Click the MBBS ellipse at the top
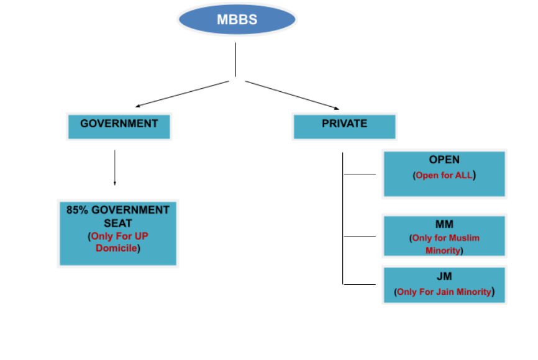[x=237, y=20]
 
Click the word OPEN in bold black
[x=444, y=160]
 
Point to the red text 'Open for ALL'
[x=444, y=175]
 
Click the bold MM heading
[x=444, y=223]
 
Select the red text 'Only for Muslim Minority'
[x=444, y=244]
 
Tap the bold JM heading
[x=444, y=276]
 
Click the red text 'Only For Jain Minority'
[x=444, y=291]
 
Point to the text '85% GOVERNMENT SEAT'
[x=118, y=216]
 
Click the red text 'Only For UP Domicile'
[x=118, y=242]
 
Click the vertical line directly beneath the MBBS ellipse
[x=236, y=59]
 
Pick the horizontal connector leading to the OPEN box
[x=360, y=174]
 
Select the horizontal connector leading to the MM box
[x=360, y=236]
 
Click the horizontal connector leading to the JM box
[x=360, y=284]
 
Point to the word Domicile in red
[x=116, y=248]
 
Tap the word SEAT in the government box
[x=118, y=223]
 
